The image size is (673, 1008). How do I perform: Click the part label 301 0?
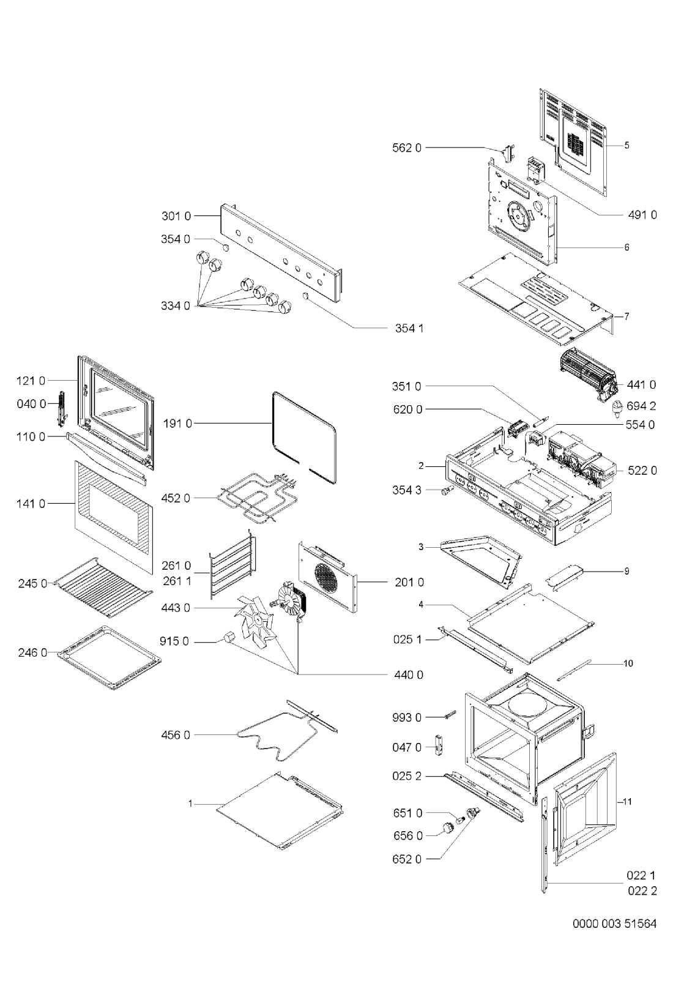(x=176, y=217)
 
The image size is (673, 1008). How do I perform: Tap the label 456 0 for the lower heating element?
(x=176, y=735)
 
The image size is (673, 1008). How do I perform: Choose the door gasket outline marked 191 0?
(x=304, y=438)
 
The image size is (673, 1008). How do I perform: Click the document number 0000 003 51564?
(x=614, y=924)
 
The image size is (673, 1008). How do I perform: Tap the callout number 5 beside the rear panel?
(x=627, y=145)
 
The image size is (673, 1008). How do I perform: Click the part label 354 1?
(x=409, y=329)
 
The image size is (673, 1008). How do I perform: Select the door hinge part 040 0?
(x=61, y=409)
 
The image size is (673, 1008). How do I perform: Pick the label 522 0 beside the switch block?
(x=642, y=471)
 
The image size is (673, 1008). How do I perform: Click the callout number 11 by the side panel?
(x=628, y=801)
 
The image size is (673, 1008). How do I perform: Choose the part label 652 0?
(x=407, y=859)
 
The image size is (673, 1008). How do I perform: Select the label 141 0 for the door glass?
(x=31, y=504)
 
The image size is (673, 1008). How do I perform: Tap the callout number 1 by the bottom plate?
(x=191, y=803)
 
